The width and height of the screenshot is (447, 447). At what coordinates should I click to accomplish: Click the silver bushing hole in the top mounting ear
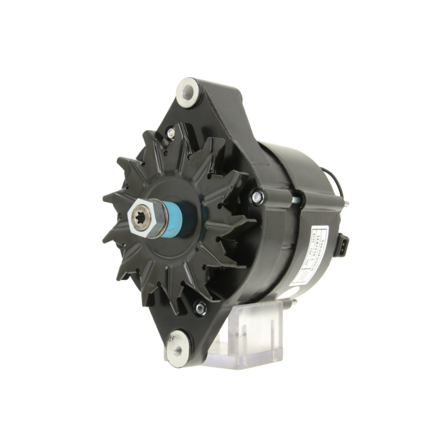pos(187,93)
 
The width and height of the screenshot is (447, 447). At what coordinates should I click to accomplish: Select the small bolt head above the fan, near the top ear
pos(170,132)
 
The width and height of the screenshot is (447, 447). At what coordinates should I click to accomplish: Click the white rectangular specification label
pos(308,257)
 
